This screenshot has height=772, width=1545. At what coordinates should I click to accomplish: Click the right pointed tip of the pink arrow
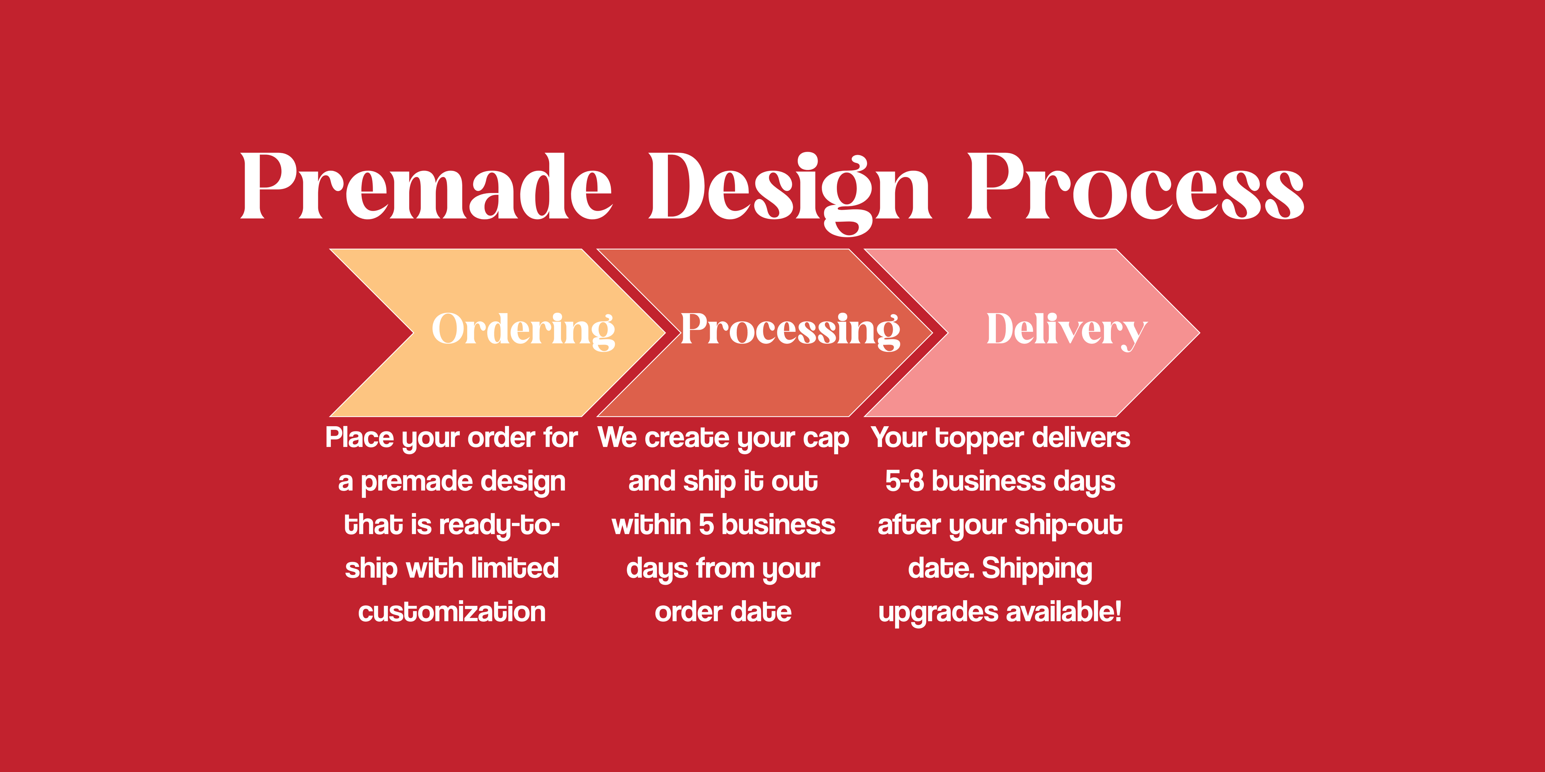point(1199,333)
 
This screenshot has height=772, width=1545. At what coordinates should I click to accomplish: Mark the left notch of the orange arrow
point(413,333)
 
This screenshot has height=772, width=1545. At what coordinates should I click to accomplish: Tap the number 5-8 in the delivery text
point(904,481)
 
